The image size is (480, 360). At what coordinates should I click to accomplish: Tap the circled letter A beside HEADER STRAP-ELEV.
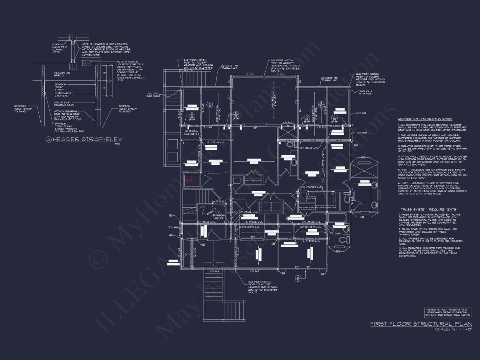[x=49, y=140]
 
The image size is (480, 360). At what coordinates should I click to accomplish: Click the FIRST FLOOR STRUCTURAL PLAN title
[x=421, y=324]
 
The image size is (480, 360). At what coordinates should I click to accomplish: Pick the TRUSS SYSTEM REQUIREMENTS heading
[x=428, y=210]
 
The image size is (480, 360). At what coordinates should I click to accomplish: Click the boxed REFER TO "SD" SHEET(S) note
[x=448, y=312]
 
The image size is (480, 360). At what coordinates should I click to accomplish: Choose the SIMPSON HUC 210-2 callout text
[x=192, y=132]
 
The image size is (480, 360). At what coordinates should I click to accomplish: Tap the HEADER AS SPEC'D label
[x=60, y=74]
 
